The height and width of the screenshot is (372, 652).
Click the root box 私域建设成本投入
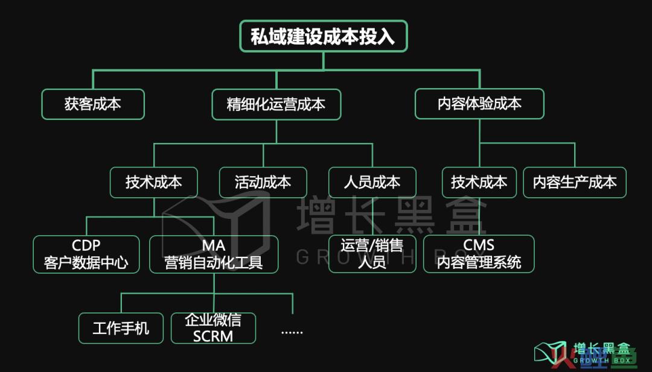(323, 36)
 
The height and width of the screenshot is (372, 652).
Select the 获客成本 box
(93, 104)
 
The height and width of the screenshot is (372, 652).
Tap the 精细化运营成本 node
(276, 104)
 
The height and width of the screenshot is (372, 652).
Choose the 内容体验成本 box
(479, 104)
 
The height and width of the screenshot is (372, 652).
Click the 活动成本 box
(263, 182)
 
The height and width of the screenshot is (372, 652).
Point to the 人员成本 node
(372, 182)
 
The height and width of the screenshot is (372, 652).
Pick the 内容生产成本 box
(574, 182)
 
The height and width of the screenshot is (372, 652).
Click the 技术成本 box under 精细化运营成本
(153, 182)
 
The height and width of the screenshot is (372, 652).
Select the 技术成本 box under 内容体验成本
(479, 182)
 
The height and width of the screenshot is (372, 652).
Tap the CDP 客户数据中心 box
(86, 254)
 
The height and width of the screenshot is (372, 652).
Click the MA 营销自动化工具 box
(214, 254)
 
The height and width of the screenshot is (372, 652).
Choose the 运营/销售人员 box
(372, 254)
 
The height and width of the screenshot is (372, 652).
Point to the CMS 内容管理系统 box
(479, 254)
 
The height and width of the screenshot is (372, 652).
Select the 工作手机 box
(121, 328)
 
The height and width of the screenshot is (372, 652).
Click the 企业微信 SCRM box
(213, 328)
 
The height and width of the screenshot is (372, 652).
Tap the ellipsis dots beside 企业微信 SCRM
(292, 331)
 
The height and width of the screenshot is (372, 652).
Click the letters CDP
(86, 245)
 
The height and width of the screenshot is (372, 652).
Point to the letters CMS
(479, 245)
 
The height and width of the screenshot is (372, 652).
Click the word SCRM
(213, 336)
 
